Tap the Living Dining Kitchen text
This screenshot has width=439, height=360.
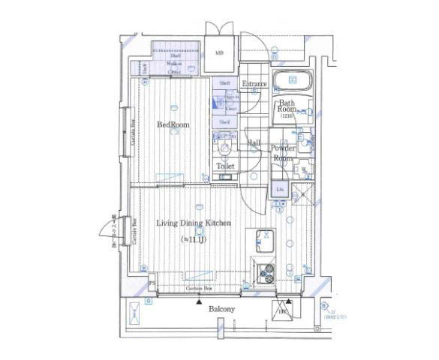point(193,223)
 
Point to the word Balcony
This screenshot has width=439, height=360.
point(221,309)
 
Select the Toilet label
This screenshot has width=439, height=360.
point(225,166)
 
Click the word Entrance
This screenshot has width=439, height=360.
point(254,84)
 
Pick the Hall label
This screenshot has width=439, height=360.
point(254,142)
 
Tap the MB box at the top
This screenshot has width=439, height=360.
point(220,53)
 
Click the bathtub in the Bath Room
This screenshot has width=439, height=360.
point(290,82)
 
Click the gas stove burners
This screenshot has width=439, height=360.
point(266,274)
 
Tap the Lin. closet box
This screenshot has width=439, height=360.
point(279,190)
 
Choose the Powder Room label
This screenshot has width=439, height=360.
point(282,154)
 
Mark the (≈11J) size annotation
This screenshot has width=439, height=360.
point(193,239)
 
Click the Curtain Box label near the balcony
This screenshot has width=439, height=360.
point(199,288)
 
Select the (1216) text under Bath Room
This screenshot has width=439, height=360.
point(287,116)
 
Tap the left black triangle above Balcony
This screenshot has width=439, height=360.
point(198,301)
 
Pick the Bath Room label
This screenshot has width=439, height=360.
point(287,106)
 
